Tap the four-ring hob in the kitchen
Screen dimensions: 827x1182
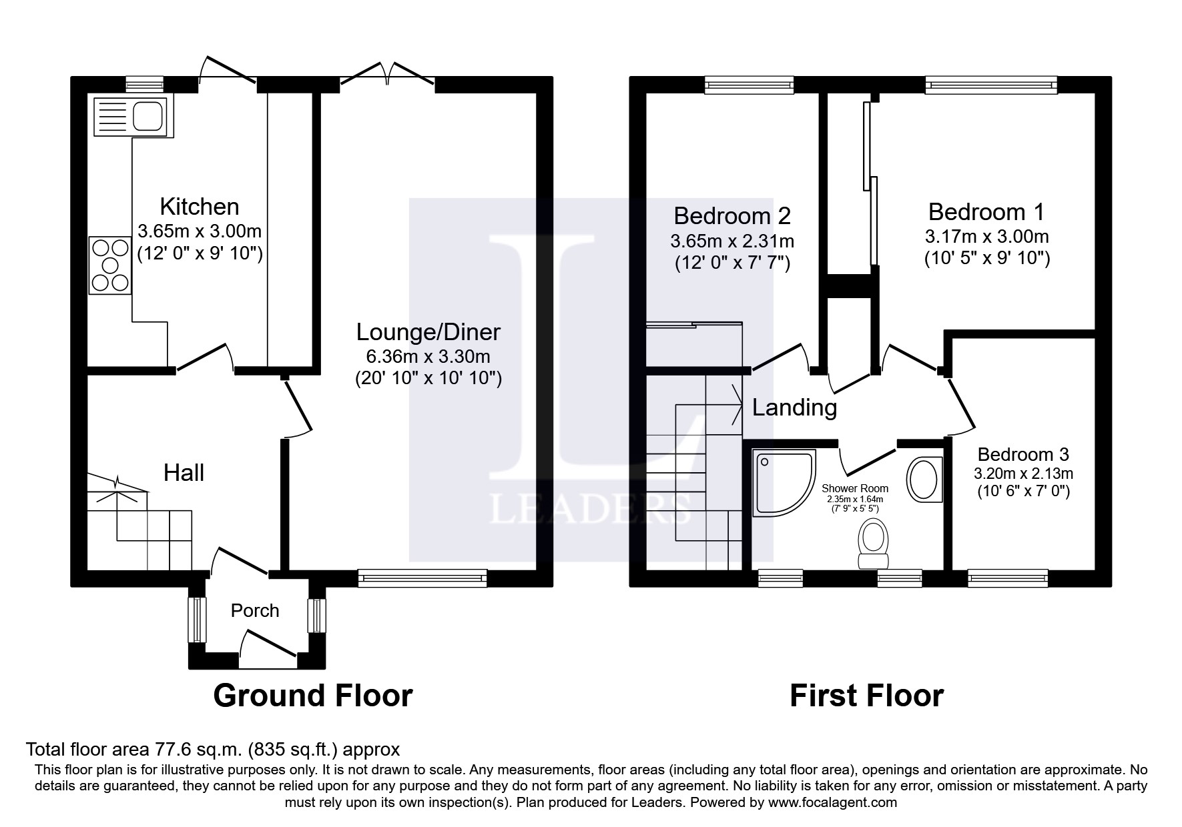point(110,265)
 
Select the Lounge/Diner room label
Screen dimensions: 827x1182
point(428,332)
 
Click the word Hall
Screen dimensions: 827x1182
point(184,474)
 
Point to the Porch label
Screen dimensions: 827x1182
point(255,611)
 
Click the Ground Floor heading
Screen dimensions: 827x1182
point(312,696)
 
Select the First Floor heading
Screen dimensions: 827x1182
point(866,696)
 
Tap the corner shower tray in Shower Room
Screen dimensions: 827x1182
point(782,482)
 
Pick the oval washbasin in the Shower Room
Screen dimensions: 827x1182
point(923,478)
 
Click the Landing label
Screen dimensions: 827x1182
point(794,407)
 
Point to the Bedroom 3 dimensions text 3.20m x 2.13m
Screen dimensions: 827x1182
point(1023,474)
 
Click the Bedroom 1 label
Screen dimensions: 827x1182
point(986,212)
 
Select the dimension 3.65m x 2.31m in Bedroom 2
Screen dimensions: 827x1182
point(732,241)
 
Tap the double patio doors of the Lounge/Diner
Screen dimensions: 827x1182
point(387,74)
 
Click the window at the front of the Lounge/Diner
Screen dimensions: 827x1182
point(422,578)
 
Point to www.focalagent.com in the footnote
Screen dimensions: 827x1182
point(833,802)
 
